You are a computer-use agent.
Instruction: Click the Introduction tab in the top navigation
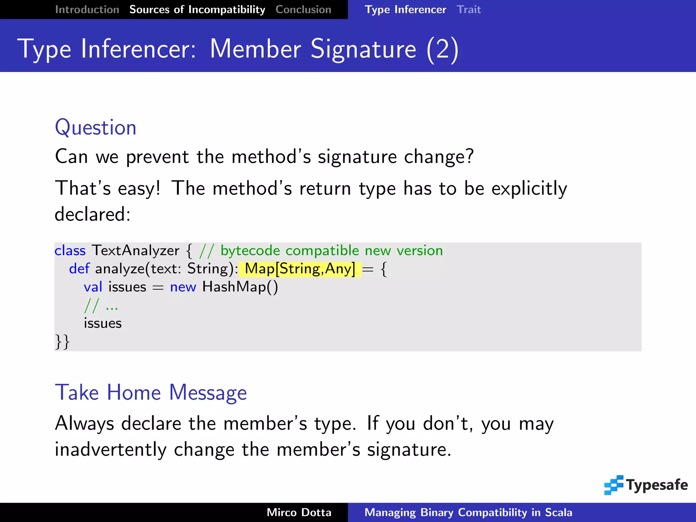(87, 10)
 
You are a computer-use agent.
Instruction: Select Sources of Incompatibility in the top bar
(197, 10)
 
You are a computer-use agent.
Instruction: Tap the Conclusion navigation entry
(303, 10)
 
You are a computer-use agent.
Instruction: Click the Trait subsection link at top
(469, 10)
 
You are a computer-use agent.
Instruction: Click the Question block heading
(95, 128)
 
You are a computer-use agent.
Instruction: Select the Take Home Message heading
(151, 393)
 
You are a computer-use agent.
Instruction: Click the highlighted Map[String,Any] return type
(300, 269)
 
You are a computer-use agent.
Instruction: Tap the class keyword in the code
(70, 251)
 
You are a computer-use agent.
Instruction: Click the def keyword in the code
(79, 269)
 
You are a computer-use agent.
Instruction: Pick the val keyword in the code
(93, 287)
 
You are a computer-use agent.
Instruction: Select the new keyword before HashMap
(183, 287)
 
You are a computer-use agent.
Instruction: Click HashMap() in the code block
(240, 287)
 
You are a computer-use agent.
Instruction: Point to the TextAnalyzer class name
(135, 251)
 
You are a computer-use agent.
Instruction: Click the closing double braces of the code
(62, 342)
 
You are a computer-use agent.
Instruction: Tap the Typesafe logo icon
(614, 485)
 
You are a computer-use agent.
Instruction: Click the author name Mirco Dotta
(299, 512)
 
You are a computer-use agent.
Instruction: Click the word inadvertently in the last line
(110, 450)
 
